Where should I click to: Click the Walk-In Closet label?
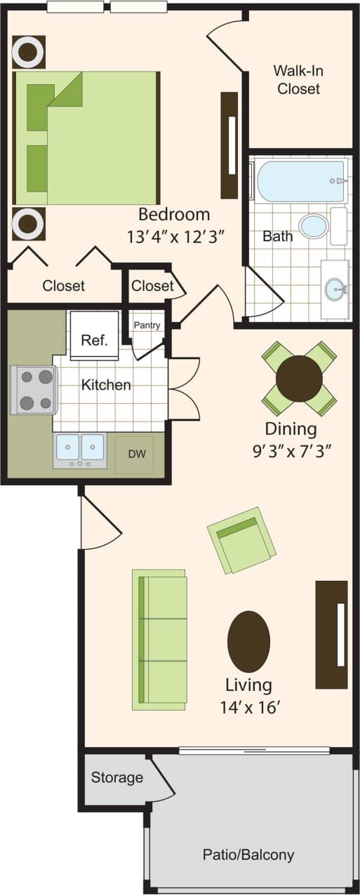(x=298, y=79)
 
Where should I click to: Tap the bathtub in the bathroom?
(x=301, y=181)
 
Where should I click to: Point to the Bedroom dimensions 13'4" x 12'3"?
(x=175, y=236)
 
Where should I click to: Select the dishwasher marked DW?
(x=136, y=454)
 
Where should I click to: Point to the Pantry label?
(x=147, y=325)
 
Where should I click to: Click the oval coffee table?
(x=248, y=641)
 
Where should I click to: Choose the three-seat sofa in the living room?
(x=160, y=639)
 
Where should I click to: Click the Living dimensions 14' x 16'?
(x=248, y=705)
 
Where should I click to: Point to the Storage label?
(x=116, y=777)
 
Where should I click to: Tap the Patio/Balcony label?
(x=248, y=854)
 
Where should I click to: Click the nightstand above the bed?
(x=29, y=52)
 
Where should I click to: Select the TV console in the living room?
(x=331, y=634)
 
